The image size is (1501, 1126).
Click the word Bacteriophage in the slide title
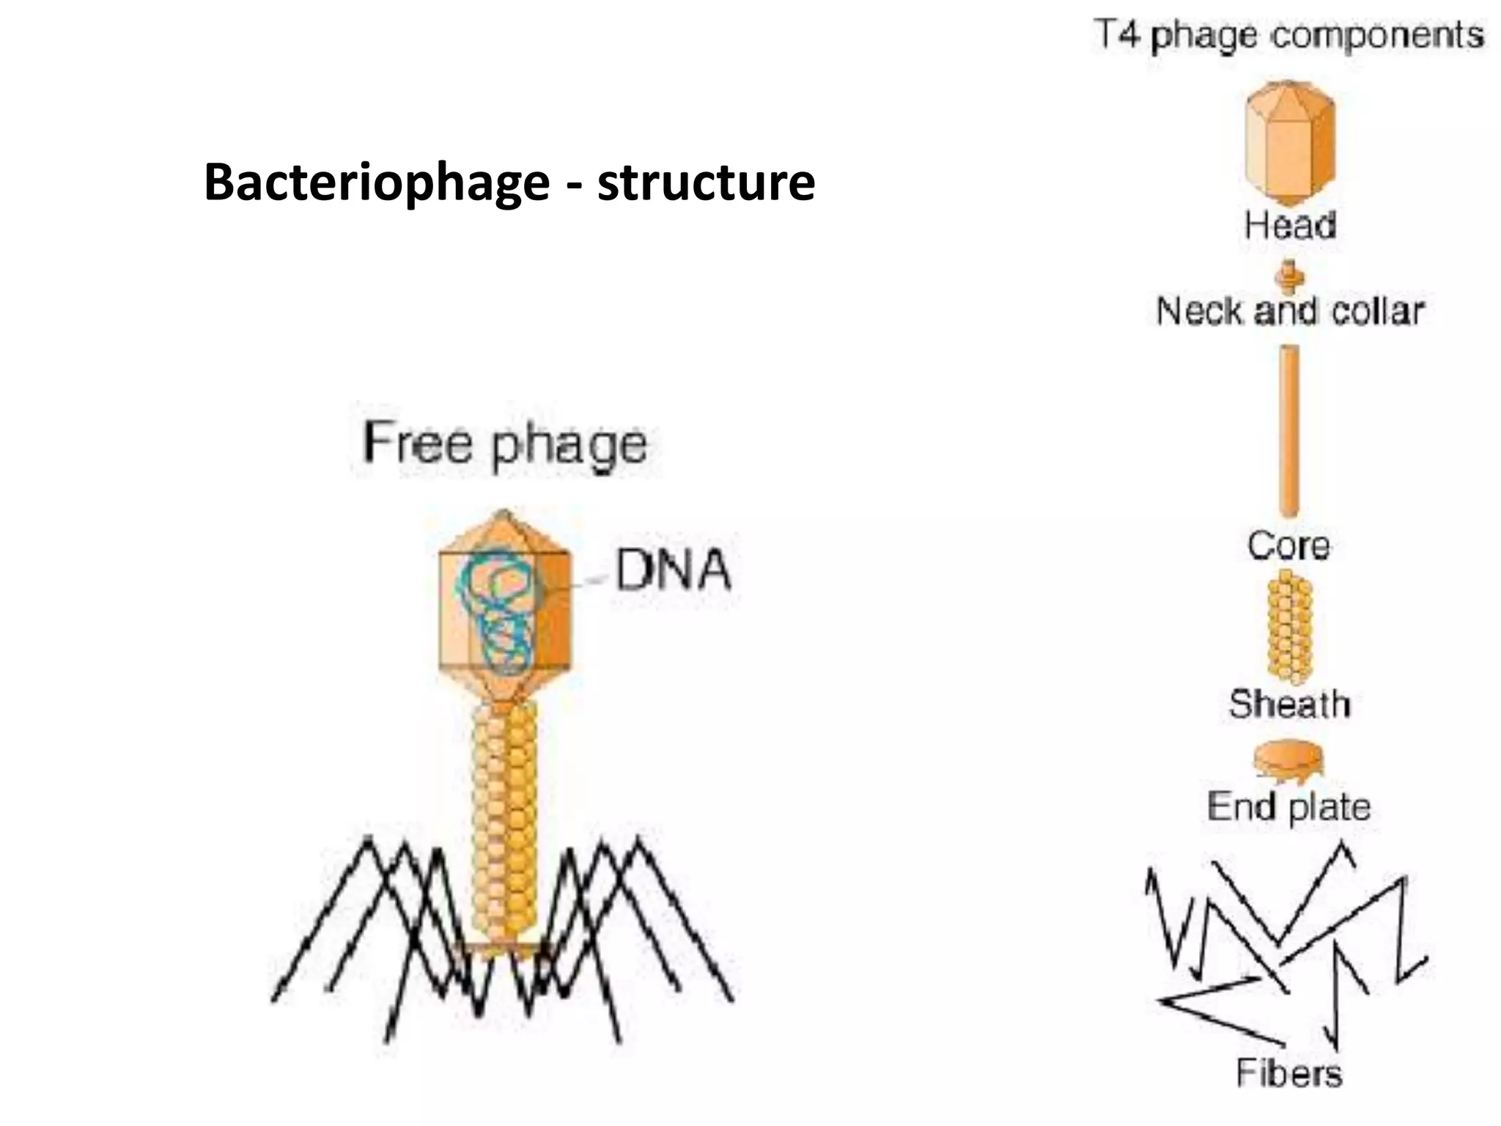pos(376,182)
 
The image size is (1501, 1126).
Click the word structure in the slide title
pos(706,182)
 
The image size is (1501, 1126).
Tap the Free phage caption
pos(504,444)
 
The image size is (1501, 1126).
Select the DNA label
pos(672,570)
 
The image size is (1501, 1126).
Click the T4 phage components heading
pos(1289,35)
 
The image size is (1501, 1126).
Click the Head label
pos(1290,225)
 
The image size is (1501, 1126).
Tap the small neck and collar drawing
pos(1290,277)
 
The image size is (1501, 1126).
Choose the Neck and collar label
pos(1290,312)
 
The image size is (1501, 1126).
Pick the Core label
pos(1288,546)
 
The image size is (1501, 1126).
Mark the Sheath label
pos(1289,704)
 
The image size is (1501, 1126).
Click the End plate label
pos(1288,806)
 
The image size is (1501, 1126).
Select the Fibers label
pos(1288,1073)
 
